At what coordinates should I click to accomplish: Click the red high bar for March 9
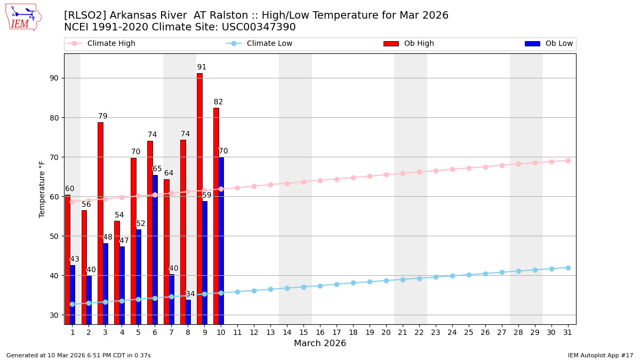pos(199,198)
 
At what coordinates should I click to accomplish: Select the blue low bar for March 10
pos(221,241)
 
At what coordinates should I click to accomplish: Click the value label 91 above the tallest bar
pos(202,67)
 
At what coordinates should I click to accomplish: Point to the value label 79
pos(102,116)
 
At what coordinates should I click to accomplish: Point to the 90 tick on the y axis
pos(54,78)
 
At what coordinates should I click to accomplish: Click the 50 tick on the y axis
pos(54,236)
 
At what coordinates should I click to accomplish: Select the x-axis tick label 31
pos(568,332)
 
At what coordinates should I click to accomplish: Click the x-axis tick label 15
pos(303,332)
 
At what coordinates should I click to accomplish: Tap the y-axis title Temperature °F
pos(42,189)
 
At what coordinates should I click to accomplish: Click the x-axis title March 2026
pos(320,343)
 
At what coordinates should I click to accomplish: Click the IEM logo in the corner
pos(23,17)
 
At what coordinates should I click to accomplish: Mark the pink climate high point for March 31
pos(568,161)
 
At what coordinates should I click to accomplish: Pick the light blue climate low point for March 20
pos(386,281)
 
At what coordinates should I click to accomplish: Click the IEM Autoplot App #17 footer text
pos(600,355)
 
